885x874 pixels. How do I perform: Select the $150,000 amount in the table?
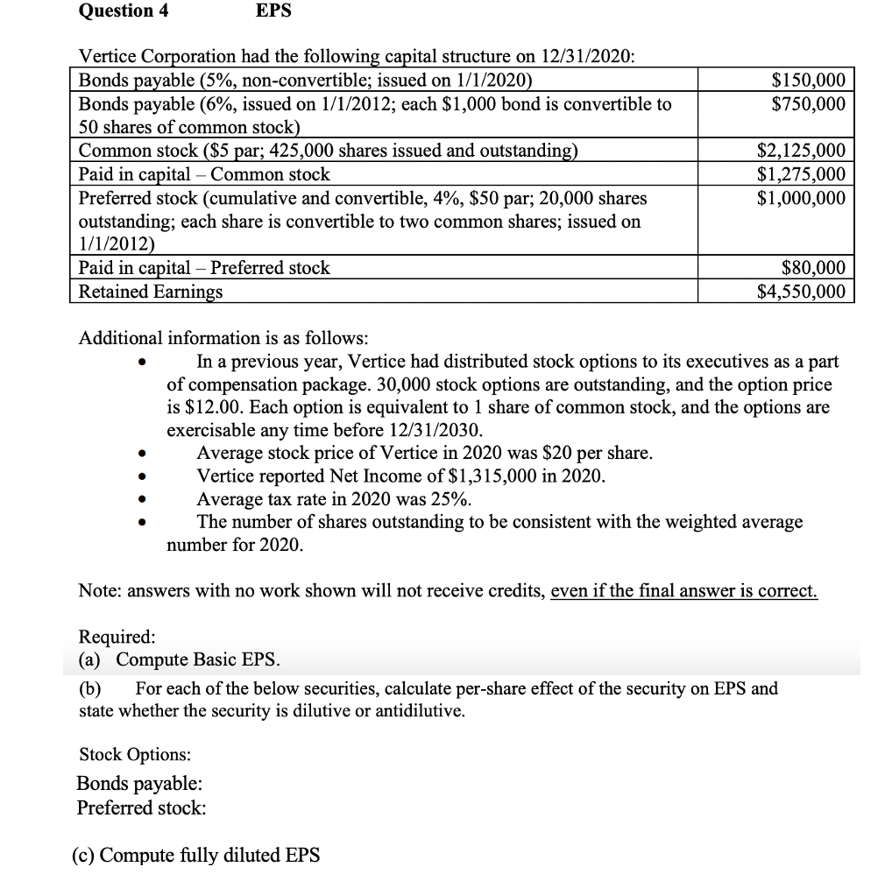[x=808, y=81]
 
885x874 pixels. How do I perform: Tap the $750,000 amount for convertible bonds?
[x=808, y=103]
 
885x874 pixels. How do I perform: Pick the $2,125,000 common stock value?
[x=801, y=151]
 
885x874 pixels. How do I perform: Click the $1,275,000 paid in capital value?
[x=801, y=173]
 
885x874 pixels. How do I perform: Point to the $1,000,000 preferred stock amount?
[x=801, y=197]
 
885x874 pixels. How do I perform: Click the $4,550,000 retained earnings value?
[x=801, y=291]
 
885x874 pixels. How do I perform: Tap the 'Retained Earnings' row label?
[x=151, y=291]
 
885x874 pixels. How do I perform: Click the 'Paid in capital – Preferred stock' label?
[x=204, y=268]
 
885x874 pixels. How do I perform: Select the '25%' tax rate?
[x=449, y=499]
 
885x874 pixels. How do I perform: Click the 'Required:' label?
[x=117, y=635]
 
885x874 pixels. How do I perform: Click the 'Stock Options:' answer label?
[x=135, y=754]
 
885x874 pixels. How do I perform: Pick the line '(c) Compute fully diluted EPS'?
[x=195, y=855]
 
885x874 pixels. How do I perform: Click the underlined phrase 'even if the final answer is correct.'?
[x=683, y=590]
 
